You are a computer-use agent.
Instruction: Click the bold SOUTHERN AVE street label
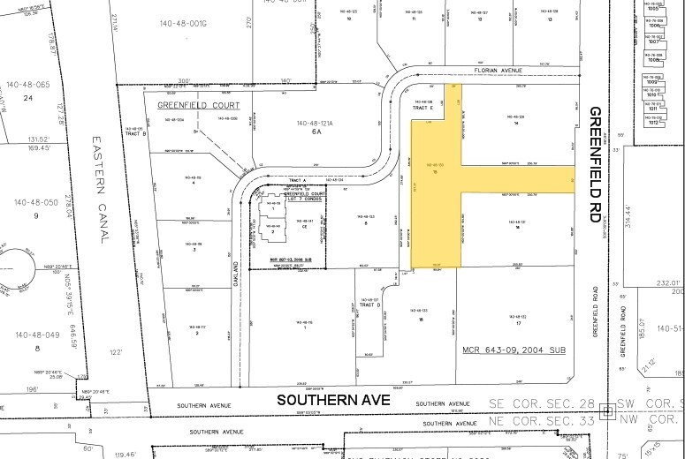tap(333, 400)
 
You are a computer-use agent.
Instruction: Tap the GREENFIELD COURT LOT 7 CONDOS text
tap(294, 196)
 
